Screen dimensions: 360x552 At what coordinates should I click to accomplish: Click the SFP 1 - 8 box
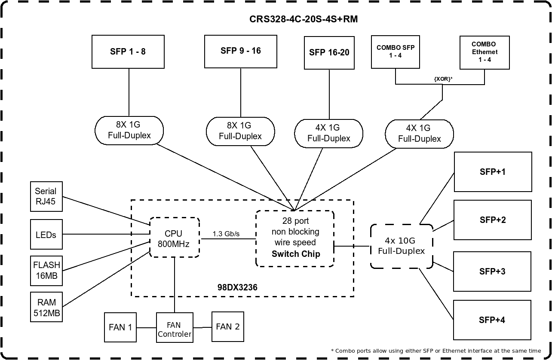129,52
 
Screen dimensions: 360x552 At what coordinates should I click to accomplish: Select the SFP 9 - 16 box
240,51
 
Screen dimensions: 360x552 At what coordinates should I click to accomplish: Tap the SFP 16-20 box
329,53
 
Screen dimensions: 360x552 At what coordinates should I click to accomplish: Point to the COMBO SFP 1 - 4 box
396,52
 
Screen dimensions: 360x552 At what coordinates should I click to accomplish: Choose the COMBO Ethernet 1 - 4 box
484,52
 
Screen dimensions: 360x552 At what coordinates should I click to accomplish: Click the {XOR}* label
443,79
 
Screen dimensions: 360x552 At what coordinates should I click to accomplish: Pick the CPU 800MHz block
174,238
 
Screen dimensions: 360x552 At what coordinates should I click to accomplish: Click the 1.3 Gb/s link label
226,234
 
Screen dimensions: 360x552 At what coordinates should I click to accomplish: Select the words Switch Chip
296,254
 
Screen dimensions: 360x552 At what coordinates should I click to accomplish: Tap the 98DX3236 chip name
237,287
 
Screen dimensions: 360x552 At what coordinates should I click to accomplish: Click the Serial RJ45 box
46,196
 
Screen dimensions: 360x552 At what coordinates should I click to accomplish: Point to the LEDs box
46,235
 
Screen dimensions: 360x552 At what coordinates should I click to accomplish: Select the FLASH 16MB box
46,270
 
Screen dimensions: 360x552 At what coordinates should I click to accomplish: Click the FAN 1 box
120,327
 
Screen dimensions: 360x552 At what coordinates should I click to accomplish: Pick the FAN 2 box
228,327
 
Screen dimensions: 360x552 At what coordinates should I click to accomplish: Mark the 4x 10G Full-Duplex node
401,246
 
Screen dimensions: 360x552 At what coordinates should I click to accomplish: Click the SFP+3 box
493,272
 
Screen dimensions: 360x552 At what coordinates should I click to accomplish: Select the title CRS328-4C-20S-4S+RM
304,19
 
